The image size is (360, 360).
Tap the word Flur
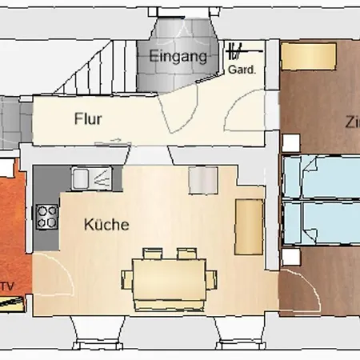88,119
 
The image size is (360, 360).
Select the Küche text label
106,225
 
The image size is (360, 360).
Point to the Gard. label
242,70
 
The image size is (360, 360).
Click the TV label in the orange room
9,285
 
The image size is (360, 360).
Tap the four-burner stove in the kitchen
47,216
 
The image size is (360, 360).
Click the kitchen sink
92,177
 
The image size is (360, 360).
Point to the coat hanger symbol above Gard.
236,53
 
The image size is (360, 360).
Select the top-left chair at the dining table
150,254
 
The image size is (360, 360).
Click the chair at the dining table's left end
126,280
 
